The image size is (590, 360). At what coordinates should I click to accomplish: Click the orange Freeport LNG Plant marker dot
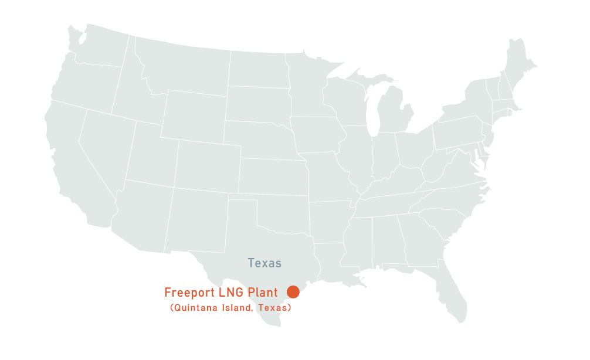pos(293,291)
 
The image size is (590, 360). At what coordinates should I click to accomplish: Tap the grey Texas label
pos(265,263)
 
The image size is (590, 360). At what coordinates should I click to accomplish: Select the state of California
pos(70,164)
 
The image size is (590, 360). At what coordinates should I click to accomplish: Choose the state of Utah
pos(150,155)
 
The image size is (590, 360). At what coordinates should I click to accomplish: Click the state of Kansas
pos(273,176)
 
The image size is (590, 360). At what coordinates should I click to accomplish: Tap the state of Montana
pos(182,64)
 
